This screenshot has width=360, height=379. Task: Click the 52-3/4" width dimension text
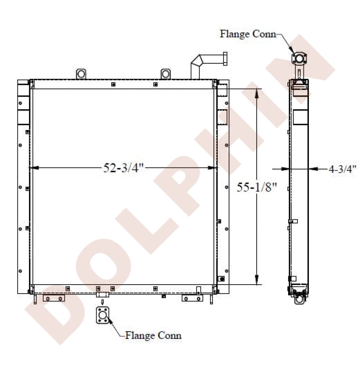pos(123,168)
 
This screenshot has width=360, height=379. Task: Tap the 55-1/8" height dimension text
pos(256,187)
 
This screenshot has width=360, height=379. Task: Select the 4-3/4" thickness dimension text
pos(343,169)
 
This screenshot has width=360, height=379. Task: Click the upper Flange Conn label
pos(248,34)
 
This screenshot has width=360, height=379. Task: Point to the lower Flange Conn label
pos(153,335)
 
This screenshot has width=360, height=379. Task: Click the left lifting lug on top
pos(81,74)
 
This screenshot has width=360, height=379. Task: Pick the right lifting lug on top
pos(166,74)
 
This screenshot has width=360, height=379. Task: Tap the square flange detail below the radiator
pos(103,315)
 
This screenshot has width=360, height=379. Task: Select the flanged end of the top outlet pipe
pos(225,59)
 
